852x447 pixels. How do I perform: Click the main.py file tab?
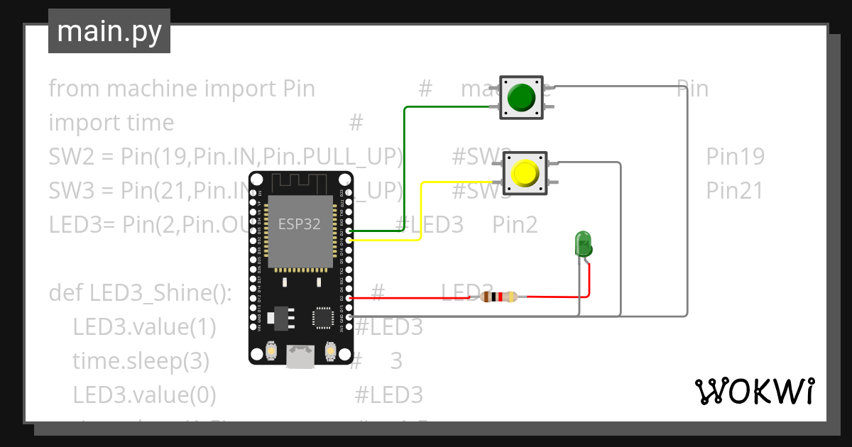click(x=109, y=31)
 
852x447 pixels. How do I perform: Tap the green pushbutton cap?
click(x=522, y=98)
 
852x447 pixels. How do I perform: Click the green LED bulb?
click(x=584, y=243)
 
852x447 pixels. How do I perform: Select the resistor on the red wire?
click(x=496, y=297)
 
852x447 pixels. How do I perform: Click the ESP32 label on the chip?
click(x=299, y=224)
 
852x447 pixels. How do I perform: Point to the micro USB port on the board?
click(x=300, y=356)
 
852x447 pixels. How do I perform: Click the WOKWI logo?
click(x=753, y=391)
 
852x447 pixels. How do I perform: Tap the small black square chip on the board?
click(x=323, y=317)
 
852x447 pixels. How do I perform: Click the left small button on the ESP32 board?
click(x=271, y=351)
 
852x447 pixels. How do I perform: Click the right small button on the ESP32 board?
click(x=330, y=351)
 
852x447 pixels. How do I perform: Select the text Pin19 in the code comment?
click(x=735, y=157)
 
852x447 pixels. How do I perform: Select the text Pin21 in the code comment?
click(x=735, y=191)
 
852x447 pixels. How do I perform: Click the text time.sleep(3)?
click(x=141, y=361)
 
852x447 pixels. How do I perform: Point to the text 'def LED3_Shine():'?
click(x=141, y=292)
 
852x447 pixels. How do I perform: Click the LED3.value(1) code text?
click(x=144, y=327)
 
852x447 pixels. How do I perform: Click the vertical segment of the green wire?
click(x=404, y=170)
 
